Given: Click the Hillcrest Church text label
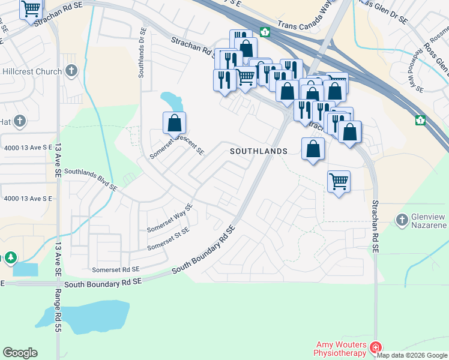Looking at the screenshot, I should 31,72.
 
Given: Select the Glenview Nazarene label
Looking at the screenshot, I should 429,220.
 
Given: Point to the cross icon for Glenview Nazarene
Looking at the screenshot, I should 402,220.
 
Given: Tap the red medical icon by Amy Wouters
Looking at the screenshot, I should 376,347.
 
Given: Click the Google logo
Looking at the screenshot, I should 20,353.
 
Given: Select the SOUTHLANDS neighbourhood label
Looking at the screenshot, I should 259,152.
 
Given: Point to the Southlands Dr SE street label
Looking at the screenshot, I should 142,52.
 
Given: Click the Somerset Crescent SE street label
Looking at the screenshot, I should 178,143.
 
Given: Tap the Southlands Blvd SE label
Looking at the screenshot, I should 90,179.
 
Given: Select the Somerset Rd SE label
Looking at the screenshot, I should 115,270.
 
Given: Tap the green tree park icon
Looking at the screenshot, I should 10,258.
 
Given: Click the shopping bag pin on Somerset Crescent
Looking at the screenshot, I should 174,123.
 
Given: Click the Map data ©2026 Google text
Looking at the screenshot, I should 412,355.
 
